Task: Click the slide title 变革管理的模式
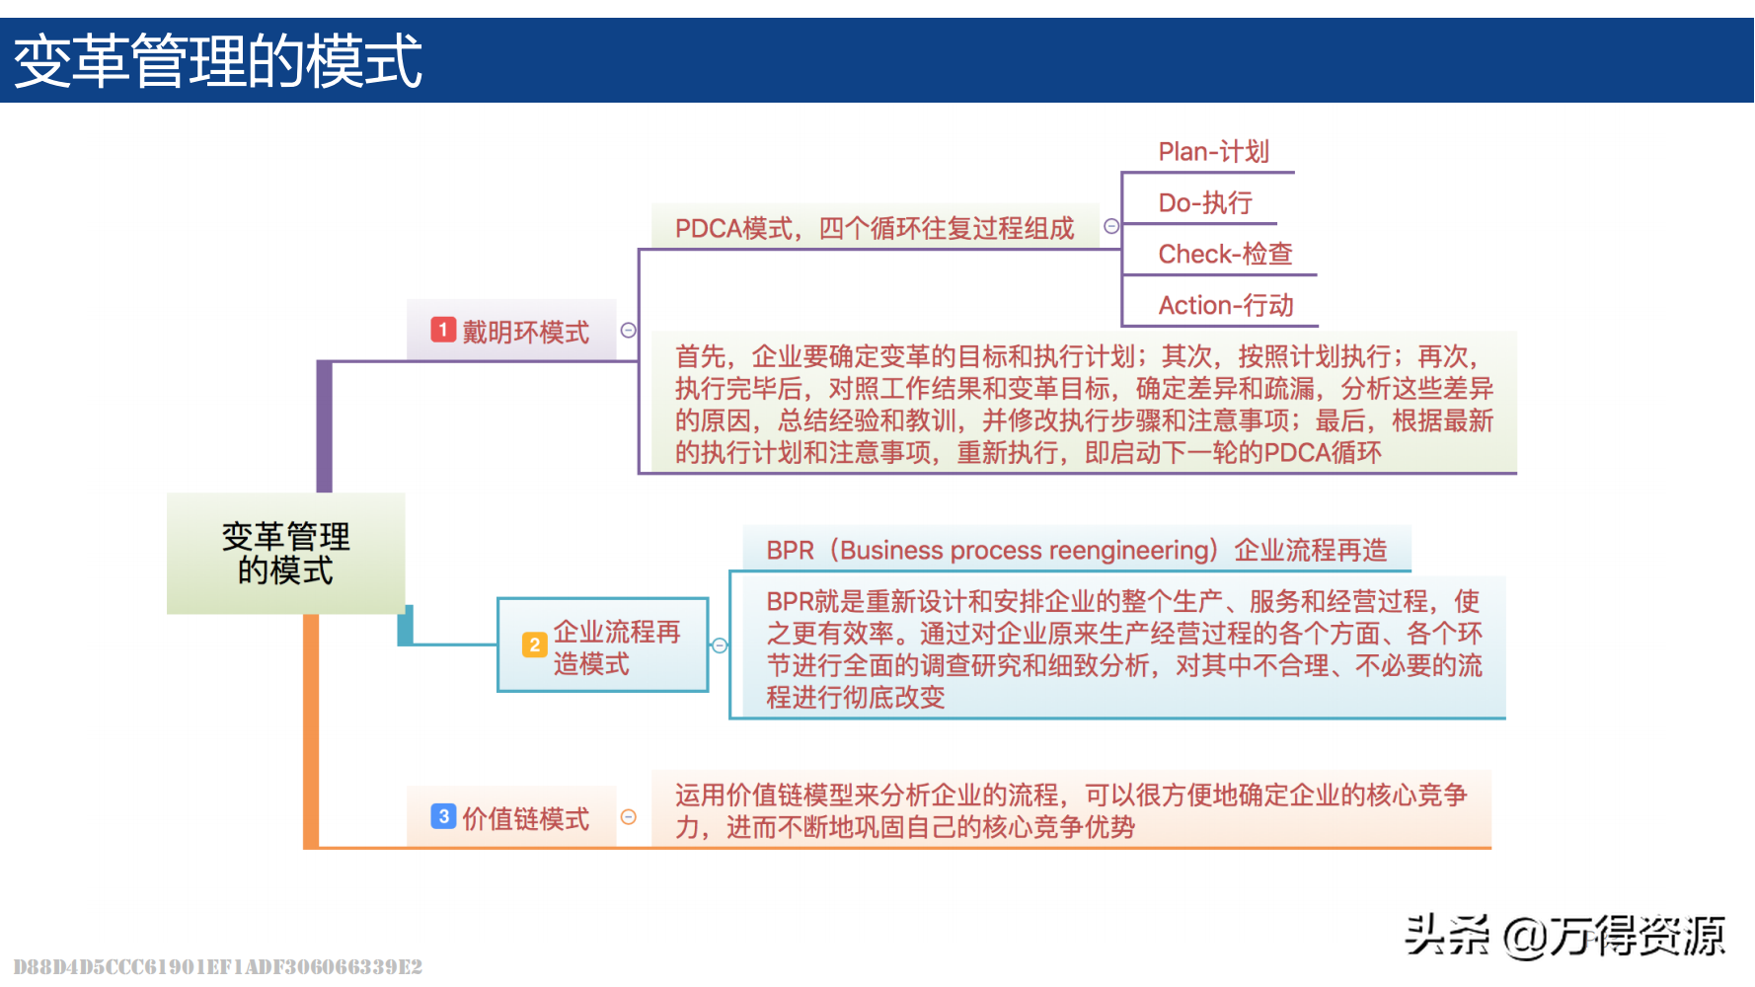(218, 61)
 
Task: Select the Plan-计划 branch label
(1213, 152)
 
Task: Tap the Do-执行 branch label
(1204, 203)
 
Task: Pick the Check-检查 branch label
(1225, 255)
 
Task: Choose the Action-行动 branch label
(1225, 306)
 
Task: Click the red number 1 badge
(443, 330)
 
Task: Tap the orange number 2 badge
(534, 645)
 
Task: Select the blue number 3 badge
(443, 816)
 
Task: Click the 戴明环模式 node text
(525, 333)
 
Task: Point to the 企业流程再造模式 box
(602, 645)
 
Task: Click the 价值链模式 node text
(525, 819)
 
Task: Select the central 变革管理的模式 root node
(285, 553)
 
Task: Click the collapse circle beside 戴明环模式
(628, 331)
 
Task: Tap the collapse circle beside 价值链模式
(628, 817)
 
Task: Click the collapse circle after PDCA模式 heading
(1111, 226)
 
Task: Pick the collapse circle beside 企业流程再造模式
(720, 645)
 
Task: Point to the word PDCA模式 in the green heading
(733, 229)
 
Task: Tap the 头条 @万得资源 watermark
(1564, 936)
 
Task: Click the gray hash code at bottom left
(217, 966)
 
